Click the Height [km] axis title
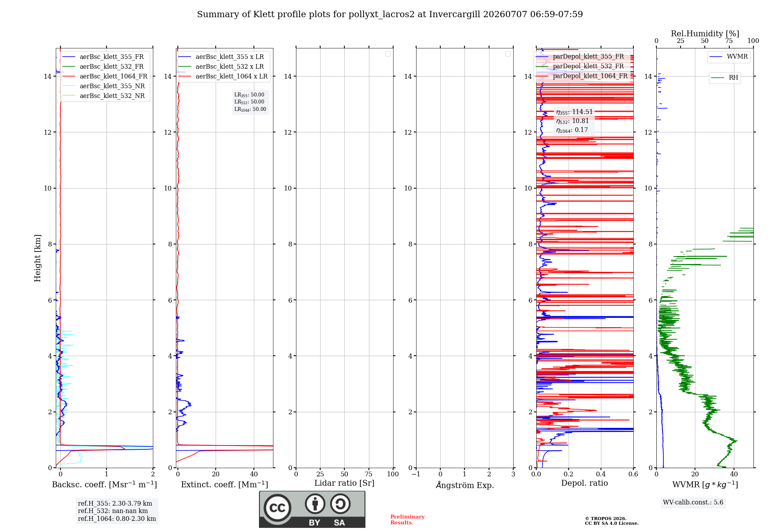pos(37,258)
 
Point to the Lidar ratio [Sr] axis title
pos(344,483)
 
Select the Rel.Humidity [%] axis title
pos(705,34)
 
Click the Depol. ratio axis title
pos(585,483)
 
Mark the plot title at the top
pos(390,14)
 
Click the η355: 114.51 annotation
pos(574,112)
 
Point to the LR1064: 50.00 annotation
pos(250,109)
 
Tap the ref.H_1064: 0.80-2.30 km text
pos(117,519)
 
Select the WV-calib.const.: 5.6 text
pos(693,502)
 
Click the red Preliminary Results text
pos(408,520)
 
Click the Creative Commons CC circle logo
pos(277,508)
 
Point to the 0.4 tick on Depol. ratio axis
pos(601,474)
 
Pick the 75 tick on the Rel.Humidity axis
pos(729,41)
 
